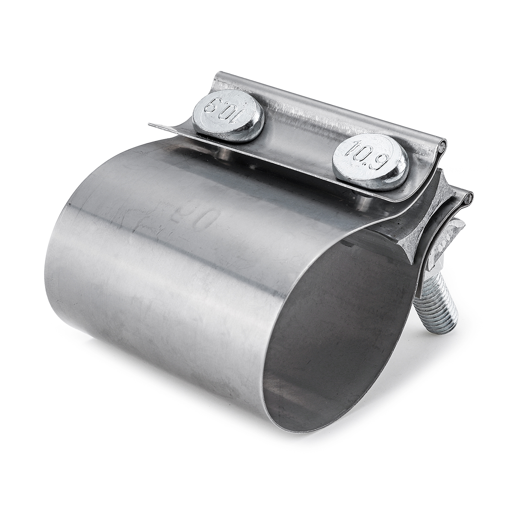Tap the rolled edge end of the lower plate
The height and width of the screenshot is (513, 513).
[x=469, y=197]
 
